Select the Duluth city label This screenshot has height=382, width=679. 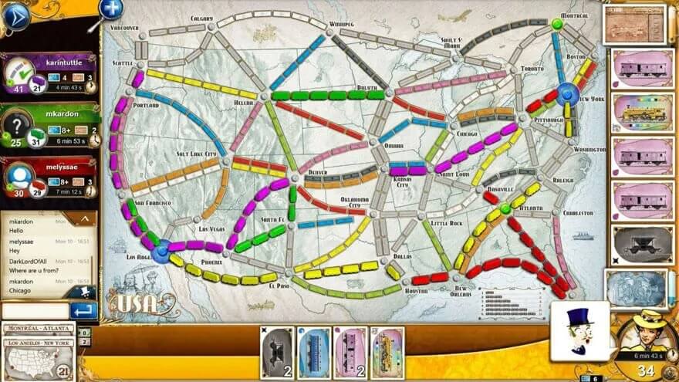(367, 88)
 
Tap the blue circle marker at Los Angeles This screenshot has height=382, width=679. (161, 250)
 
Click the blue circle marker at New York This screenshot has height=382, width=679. (569, 94)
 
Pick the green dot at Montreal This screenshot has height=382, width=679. (557, 25)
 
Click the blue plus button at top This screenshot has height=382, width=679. (111, 8)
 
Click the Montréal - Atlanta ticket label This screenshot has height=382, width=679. (38, 329)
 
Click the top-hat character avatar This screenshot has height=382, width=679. (579, 330)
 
